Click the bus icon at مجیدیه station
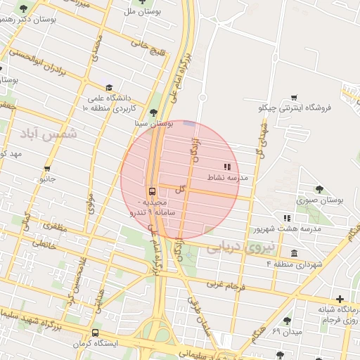(152, 192)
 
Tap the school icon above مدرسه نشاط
(226, 167)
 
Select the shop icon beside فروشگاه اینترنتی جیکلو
(294, 98)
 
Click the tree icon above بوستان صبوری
(319, 188)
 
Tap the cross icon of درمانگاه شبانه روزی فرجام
(340, 299)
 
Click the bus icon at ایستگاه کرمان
(95, 333)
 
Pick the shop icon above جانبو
(47, 169)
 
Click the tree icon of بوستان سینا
(154, 112)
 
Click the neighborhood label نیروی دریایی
(233, 245)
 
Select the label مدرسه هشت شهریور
(287, 229)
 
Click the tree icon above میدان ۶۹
(287, 321)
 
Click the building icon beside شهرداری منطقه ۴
(293, 253)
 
